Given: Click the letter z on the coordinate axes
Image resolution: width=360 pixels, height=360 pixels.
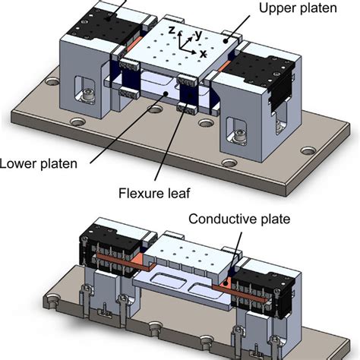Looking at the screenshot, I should pyautogui.click(x=172, y=30).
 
